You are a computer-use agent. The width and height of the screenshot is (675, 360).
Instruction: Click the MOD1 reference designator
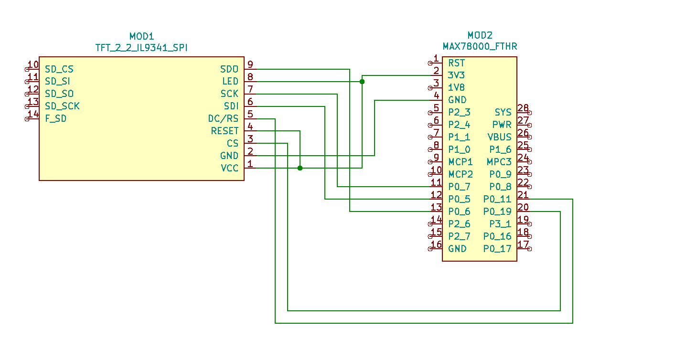click(x=141, y=36)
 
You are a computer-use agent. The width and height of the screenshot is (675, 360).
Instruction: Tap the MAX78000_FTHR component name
click(x=480, y=46)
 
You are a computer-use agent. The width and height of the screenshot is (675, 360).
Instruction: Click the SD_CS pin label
click(x=59, y=69)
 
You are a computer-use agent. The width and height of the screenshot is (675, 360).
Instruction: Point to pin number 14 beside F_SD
click(x=33, y=114)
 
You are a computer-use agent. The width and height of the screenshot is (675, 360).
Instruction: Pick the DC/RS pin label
click(x=223, y=118)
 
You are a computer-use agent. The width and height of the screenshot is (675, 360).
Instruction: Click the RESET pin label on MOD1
click(x=225, y=131)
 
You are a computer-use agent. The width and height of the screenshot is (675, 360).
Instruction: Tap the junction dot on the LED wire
click(x=362, y=82)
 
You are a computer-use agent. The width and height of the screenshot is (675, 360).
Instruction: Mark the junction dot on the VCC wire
click(x=300, y=168)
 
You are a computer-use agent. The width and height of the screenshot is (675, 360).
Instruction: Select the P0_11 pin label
click(x=497, y=199)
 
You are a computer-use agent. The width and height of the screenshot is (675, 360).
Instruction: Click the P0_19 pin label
click(x=497, y=212)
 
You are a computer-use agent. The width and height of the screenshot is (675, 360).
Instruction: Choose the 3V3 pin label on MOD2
click(x=456, y=75)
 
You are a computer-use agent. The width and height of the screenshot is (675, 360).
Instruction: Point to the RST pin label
click(x=456, y=63)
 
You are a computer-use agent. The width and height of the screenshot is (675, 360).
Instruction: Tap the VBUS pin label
click(x=499, y=137)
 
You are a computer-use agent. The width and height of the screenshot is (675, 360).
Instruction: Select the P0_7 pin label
click(x=459, y=187)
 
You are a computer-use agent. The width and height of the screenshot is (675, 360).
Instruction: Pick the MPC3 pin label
click(x=499, y=162)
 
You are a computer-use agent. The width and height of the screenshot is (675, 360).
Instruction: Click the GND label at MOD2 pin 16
click(x=457, y=249)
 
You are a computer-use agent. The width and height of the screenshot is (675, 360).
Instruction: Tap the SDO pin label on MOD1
click(x=229, y=69)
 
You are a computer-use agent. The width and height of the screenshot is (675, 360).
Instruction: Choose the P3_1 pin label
click(x=500, y=224)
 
